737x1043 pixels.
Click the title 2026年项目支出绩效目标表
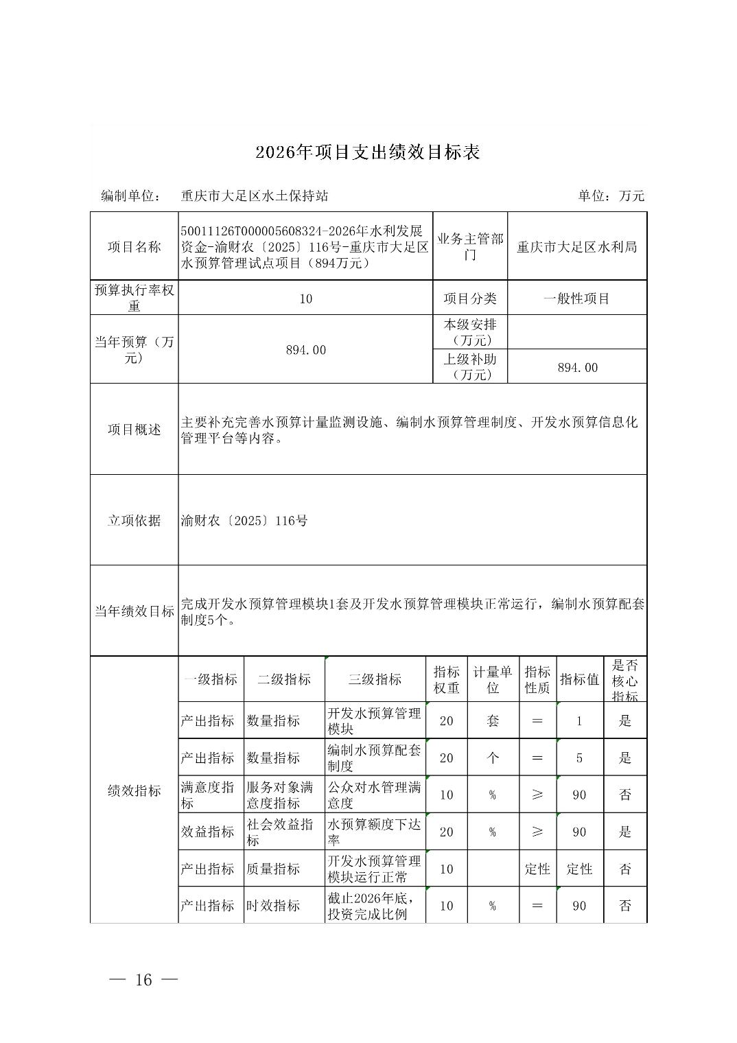tap(367, 152)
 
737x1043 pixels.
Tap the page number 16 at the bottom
tap(143, 979)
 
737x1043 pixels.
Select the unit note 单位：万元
tap(611, 196)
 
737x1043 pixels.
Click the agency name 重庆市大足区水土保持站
tap(255, 196)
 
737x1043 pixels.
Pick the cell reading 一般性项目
tap(576, 298)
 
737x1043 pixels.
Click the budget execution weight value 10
tap(306, 298)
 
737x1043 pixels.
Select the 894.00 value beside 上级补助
tap(577, 368)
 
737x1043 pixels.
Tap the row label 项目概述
tap(134, 430)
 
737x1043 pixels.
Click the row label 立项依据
tap(134, 521)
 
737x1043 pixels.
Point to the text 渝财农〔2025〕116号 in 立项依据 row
tap(244, 521)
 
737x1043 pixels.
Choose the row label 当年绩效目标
tap(134, 611)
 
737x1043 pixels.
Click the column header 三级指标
tap(375, 679)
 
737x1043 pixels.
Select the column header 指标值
tap(579, 679)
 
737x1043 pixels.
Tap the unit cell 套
tap(493, 721)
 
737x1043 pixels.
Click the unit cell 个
tap(493, 758)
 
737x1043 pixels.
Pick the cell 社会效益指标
tap(280, 832)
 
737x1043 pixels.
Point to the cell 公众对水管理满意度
tap(374, 795)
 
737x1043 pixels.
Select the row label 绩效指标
tap(134, 791)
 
